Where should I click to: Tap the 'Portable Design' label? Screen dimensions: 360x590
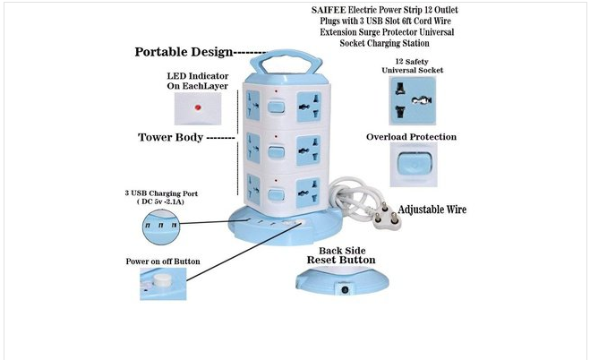coord(184,52)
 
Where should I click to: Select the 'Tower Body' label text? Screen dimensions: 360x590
coord(173,138)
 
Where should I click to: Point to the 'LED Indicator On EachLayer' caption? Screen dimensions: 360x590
coord(197,81)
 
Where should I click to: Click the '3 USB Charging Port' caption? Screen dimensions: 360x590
coord(167,197)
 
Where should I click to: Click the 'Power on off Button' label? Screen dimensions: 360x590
coord(163,261)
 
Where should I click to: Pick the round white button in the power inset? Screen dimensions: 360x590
coord(162,280)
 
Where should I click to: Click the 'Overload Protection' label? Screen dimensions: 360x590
coord(412,137)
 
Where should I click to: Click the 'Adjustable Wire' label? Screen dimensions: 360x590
coord(432,210)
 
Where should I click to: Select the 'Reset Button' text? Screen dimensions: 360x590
coord(341,260)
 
